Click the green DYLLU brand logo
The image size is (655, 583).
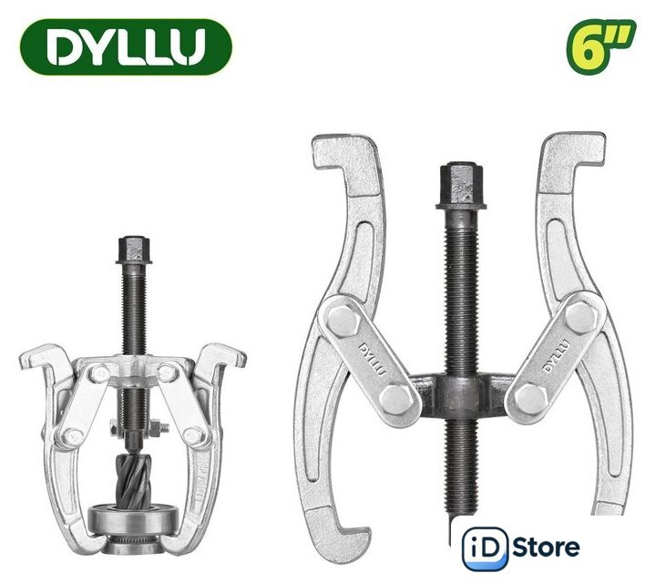[x=126, y=46]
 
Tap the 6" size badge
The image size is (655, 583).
[x=600, y=46]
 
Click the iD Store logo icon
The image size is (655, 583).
[x=485, y=547]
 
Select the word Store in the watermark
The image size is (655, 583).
[x=546, y=547]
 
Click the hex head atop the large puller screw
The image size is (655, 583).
[x=461, y=186]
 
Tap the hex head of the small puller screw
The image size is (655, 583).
[x=134, y=250]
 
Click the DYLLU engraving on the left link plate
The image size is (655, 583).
[x=373, y=360]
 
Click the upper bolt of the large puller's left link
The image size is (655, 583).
[x=343, y=321]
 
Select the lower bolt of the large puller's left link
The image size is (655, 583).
[x=397, y=399]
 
